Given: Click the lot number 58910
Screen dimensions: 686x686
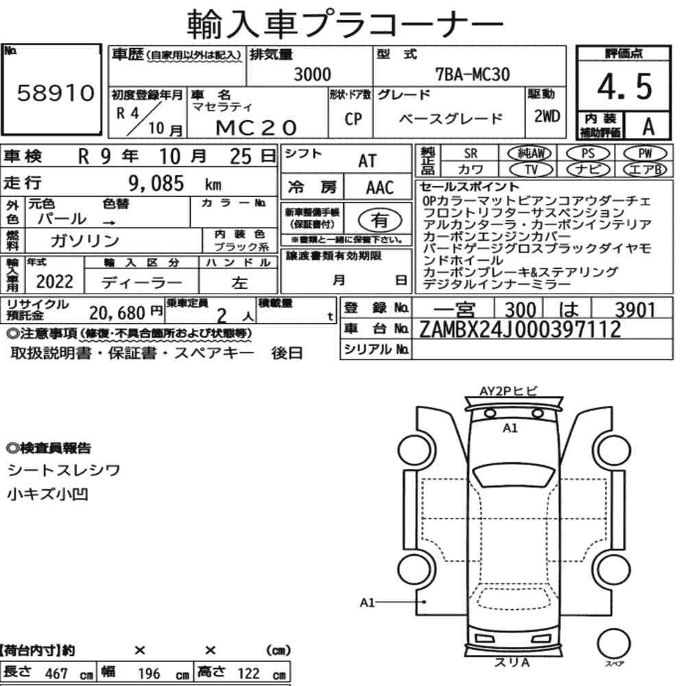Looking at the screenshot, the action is coord(56,93).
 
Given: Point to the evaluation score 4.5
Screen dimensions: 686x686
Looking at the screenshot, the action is coord(625,86).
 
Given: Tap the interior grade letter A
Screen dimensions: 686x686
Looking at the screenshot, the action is coord(648,127).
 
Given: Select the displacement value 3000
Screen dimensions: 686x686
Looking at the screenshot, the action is coord(312,74).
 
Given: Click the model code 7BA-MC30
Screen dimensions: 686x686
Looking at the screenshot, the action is coord(472,74).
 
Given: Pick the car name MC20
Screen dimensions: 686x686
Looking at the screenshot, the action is coord(257,128).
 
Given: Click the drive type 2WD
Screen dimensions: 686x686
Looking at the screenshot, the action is coord(547,116).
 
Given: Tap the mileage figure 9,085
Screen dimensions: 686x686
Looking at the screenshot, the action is coord(156,183).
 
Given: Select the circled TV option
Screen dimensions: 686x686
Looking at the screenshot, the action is coord(531,169).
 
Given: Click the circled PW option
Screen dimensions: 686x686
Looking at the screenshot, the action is coord(645,153).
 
